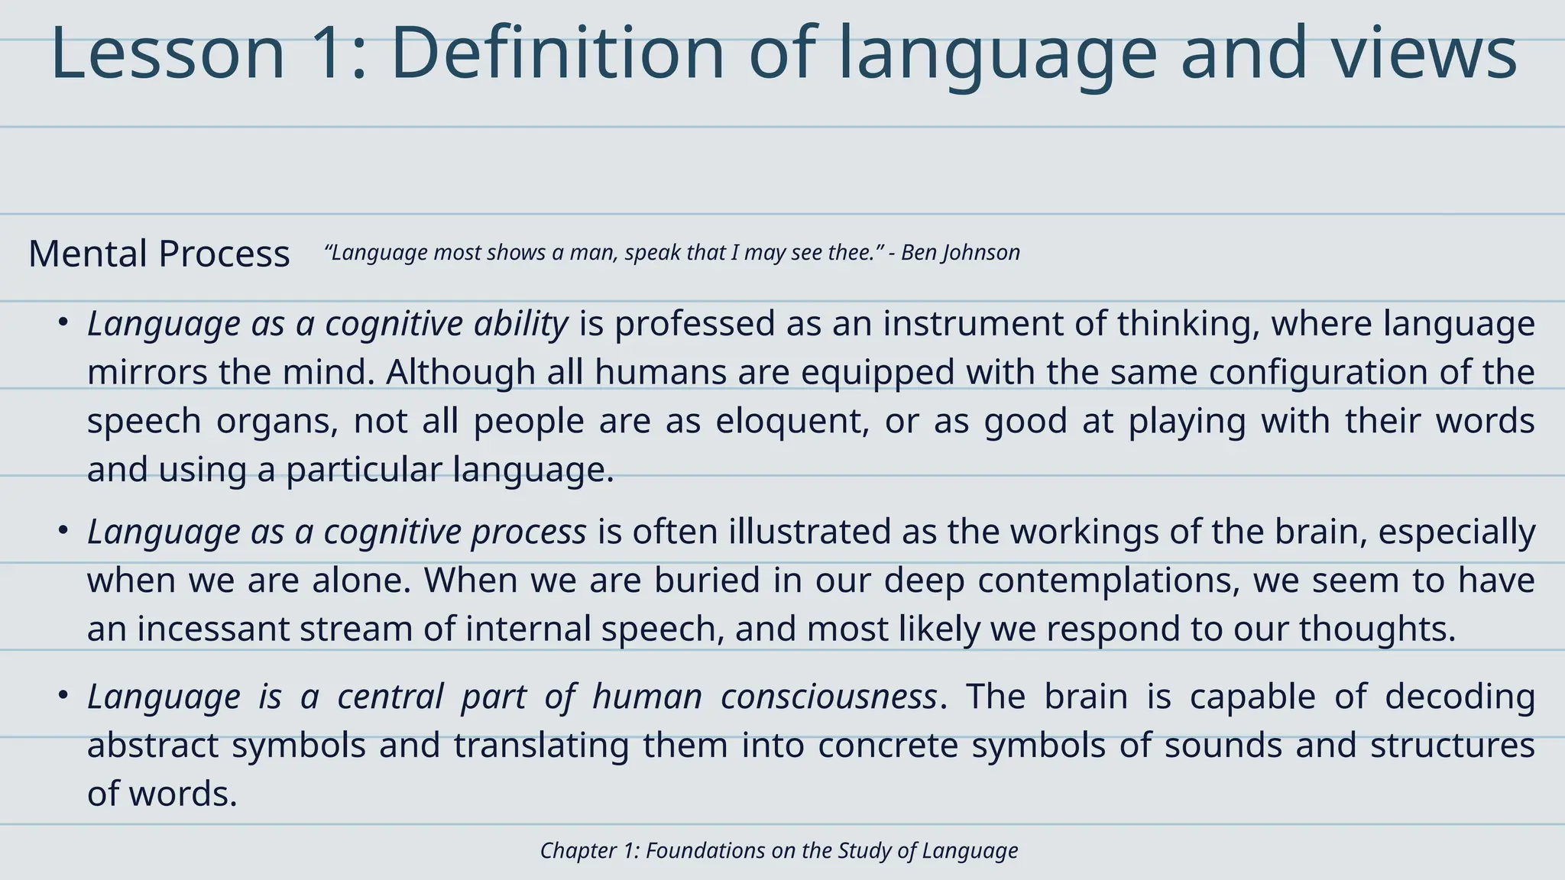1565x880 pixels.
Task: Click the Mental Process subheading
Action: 159,254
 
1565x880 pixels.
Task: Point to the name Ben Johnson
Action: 961,253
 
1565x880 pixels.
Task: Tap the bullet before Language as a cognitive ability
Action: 63,322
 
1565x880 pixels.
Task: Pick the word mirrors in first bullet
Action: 147,373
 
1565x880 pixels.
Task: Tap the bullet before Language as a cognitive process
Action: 63,530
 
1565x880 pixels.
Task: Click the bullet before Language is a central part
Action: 63,695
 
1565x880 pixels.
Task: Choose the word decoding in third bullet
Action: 1460,697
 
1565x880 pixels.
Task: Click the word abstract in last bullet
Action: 153,746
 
